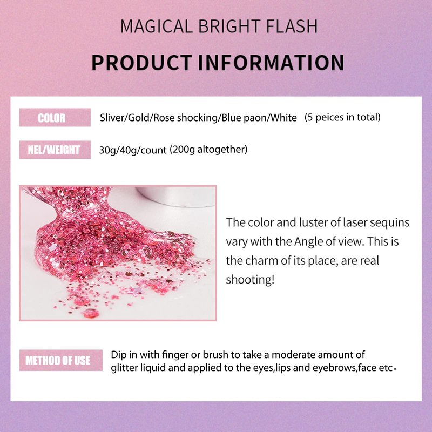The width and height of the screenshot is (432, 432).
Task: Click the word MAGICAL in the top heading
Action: [156, 26]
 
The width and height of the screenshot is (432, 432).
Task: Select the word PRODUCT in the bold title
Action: [141, 63]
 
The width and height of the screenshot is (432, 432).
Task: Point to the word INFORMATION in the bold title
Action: [271, 63]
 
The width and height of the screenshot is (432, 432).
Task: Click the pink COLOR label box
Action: [55, 117]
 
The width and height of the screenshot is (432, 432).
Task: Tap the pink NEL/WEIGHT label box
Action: [55, 150]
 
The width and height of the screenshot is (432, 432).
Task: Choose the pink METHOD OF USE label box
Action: [61, 360]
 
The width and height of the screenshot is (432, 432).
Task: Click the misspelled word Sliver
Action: [112, 118]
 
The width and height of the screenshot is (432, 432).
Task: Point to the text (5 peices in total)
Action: [342, 117]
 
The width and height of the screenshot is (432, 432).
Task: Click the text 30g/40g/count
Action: [133, 150]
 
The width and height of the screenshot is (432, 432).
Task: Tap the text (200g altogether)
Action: [208, 150]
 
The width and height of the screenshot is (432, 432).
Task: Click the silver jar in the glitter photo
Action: [177, 196]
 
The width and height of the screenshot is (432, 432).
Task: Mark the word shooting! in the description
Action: [250, 280]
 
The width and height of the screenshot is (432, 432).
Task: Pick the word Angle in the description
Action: [308, 242]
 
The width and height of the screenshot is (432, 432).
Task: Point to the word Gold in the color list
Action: [139, 118]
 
